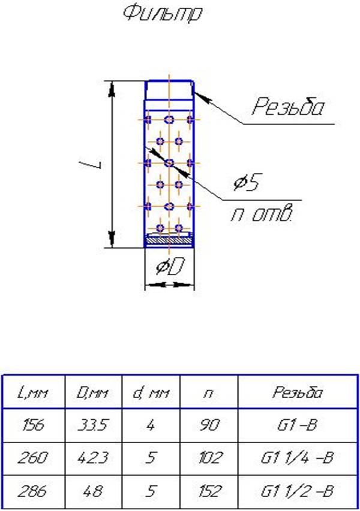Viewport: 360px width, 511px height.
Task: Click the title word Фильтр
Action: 163,14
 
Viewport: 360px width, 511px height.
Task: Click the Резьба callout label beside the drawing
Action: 288,106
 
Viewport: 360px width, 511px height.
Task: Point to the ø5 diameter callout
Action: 246,183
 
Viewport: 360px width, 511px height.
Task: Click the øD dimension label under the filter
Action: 170,267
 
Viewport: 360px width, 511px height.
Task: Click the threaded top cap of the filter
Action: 169,90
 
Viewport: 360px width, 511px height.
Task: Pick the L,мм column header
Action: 33,393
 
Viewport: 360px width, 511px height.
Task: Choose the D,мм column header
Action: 92,393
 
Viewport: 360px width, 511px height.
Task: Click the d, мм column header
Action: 151,393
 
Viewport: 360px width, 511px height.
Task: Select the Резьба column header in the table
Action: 298,392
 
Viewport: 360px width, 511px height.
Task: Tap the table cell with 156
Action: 33,425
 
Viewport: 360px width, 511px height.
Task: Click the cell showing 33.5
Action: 92,425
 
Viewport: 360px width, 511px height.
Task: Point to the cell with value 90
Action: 209,425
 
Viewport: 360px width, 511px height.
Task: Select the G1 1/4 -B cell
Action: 298,458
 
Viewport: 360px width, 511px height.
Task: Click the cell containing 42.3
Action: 92,458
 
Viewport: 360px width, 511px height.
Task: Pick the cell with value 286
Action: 33,491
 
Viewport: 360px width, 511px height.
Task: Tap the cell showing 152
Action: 209,491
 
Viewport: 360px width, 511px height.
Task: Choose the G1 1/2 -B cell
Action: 298,491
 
